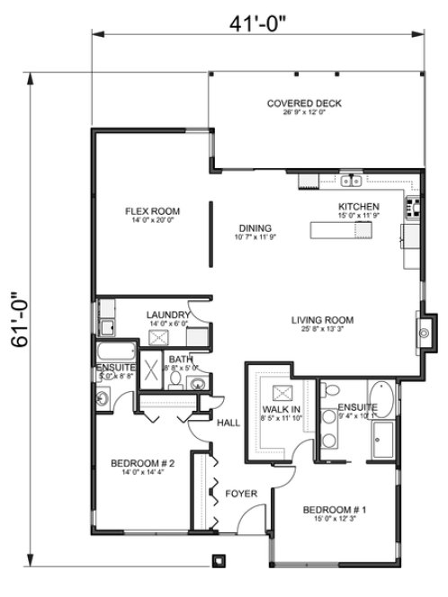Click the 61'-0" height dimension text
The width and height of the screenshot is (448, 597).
[17, 323]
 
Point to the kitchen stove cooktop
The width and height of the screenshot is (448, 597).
[416, 209]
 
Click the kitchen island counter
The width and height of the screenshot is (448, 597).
[341, 231]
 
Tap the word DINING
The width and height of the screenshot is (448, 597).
[255, 227]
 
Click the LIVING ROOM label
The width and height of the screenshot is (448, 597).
[322, 319]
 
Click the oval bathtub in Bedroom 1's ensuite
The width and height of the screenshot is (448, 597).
[385, 400]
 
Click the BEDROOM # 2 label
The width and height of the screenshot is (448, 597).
[142, 463]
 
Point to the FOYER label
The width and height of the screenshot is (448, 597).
[242, 494]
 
